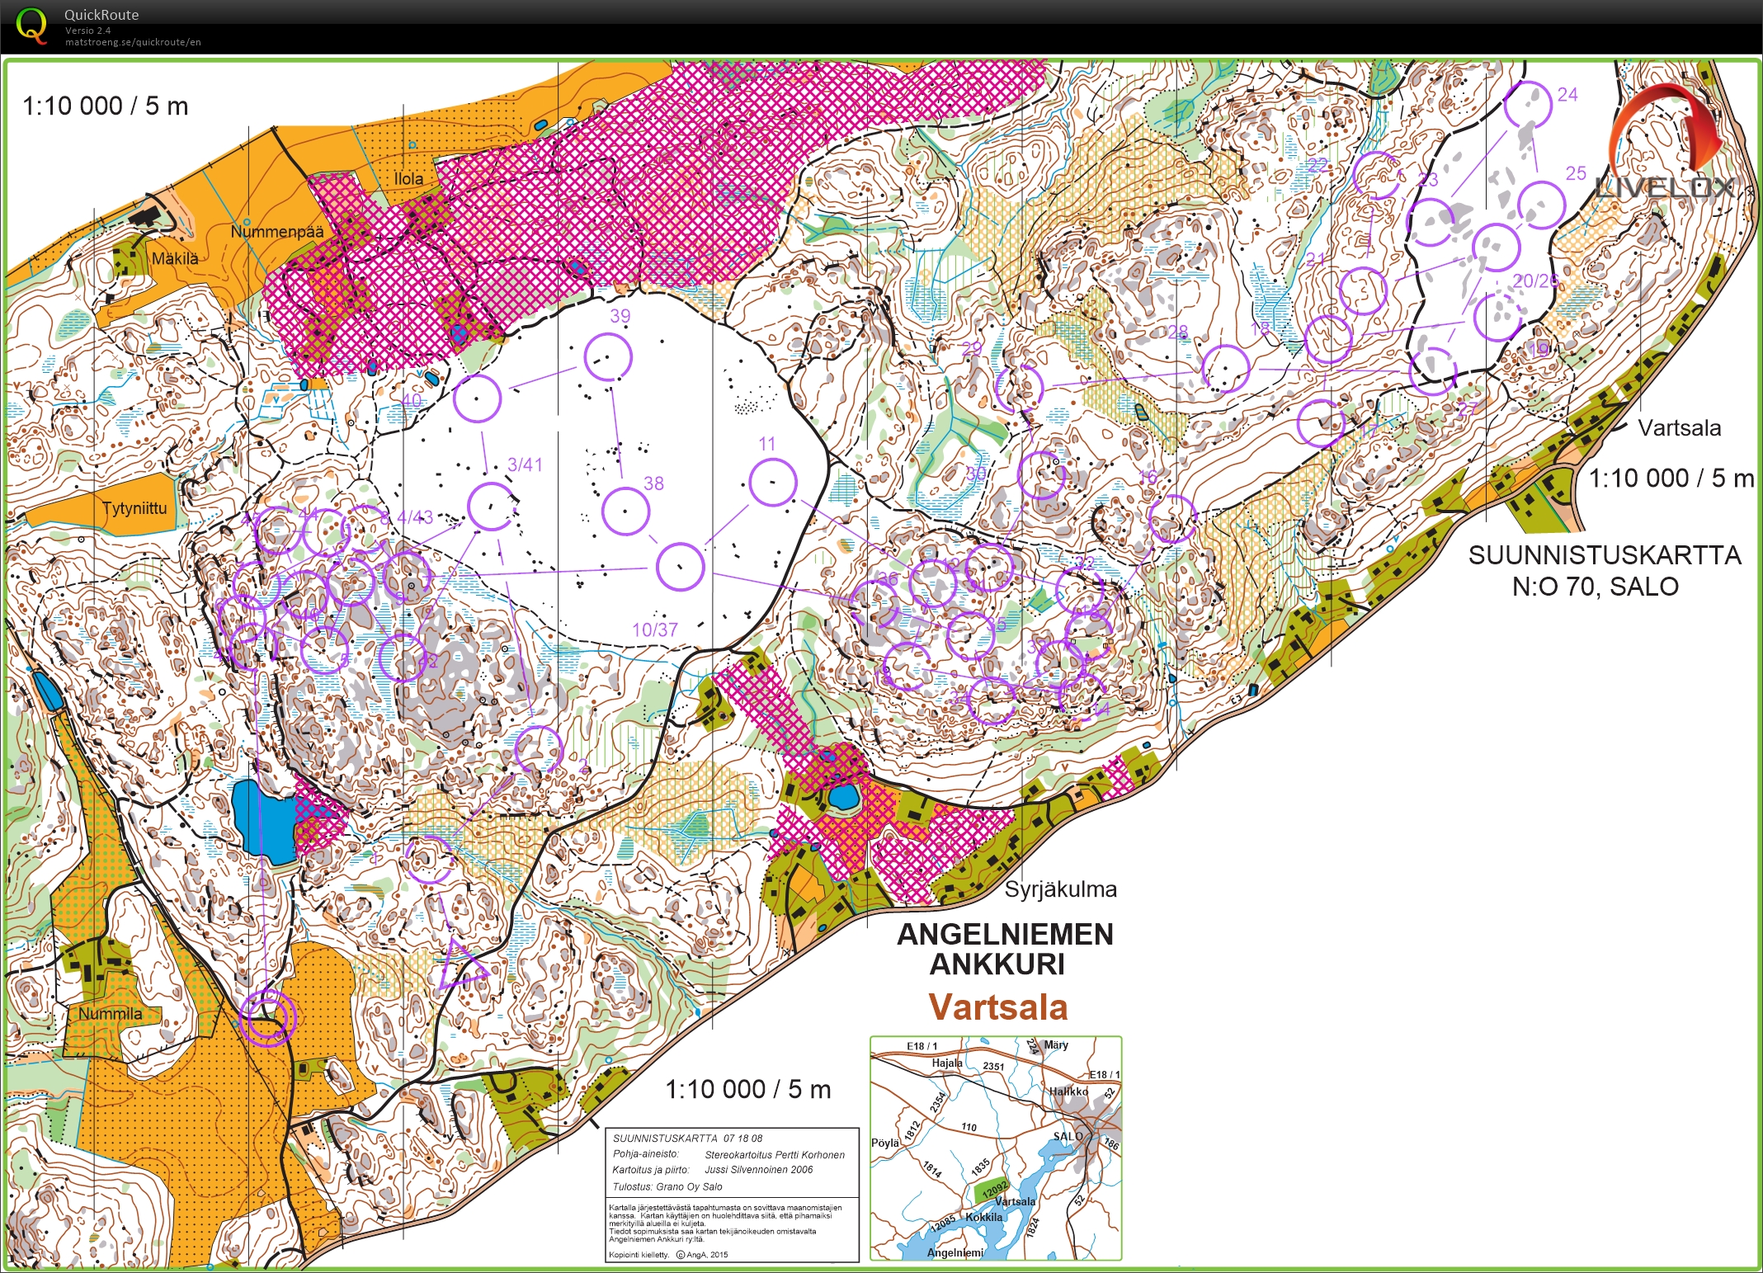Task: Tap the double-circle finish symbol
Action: coord(267,1018)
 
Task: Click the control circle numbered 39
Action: coord(608,356)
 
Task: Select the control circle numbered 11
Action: coord(773,483)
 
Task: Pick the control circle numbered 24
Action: coord(1527,104)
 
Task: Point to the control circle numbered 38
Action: coord(625,511)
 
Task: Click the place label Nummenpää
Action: coord(277,231)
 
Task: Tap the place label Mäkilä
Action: coord(175,258)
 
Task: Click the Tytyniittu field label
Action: coord(134,507)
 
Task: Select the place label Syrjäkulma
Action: coord(1060,889)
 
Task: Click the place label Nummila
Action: coord(111,1013)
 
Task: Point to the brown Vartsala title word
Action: coord(998,1007)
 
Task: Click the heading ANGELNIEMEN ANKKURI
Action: coord(1005,949)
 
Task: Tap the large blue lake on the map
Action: coord(262,820)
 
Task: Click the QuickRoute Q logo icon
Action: coord(31,26)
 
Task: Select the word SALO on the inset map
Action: coord(1067,1136)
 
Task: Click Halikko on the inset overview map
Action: coord(1068,1091)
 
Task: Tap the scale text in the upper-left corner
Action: coord(105,106)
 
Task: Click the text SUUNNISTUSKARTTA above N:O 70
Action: coord(1604,555)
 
